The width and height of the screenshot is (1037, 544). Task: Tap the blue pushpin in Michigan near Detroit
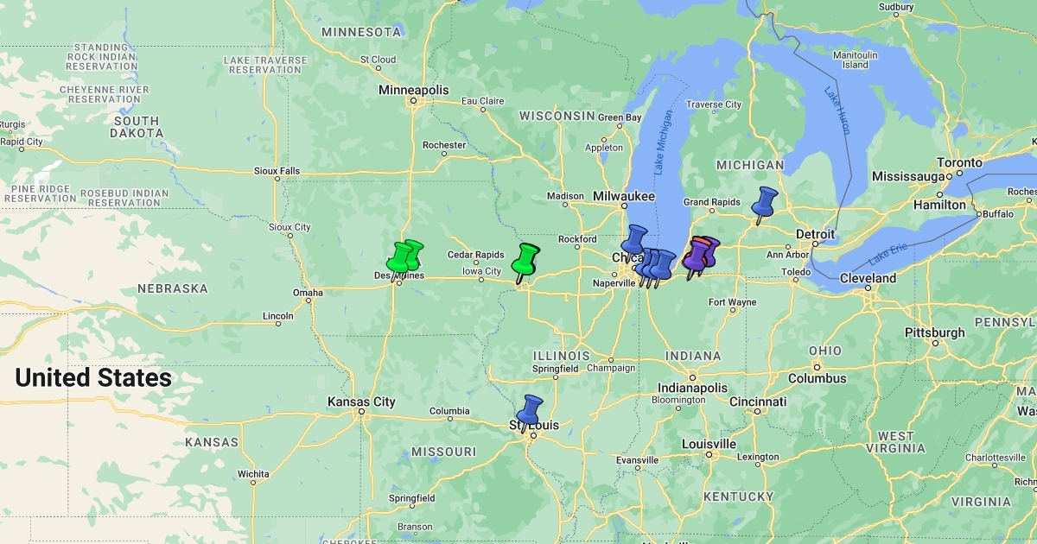tap(764, 202)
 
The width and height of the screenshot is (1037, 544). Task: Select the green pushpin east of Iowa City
tap(525, 258)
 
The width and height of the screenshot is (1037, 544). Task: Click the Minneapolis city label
tap(414, 90)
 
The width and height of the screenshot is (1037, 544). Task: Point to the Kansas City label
tap(361, 402)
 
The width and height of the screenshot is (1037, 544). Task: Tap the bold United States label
tap(93, 377)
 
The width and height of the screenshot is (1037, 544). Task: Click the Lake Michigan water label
tap(664, 143)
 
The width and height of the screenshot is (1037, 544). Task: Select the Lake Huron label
tap(837, 110)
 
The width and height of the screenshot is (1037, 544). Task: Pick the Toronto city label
tap(960, 162)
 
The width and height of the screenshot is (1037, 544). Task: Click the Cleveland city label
tap(868, 278)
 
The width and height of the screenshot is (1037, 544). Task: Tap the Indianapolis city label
tap(692, 388)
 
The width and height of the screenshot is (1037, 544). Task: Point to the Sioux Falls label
tap(277, 171)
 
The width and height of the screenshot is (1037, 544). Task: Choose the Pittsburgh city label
tap(934, 332)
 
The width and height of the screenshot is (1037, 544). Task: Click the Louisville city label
tap(708, 444)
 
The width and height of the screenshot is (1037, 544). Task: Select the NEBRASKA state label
tap(172, 288)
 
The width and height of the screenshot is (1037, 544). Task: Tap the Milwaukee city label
tap(623, 197)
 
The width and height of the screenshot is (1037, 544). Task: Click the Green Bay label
tap(620, 117)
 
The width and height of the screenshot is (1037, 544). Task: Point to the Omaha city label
tap(308, 293)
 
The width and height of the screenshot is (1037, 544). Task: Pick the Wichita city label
tap(253, 473)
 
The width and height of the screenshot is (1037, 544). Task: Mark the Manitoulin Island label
tap(856, 60)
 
